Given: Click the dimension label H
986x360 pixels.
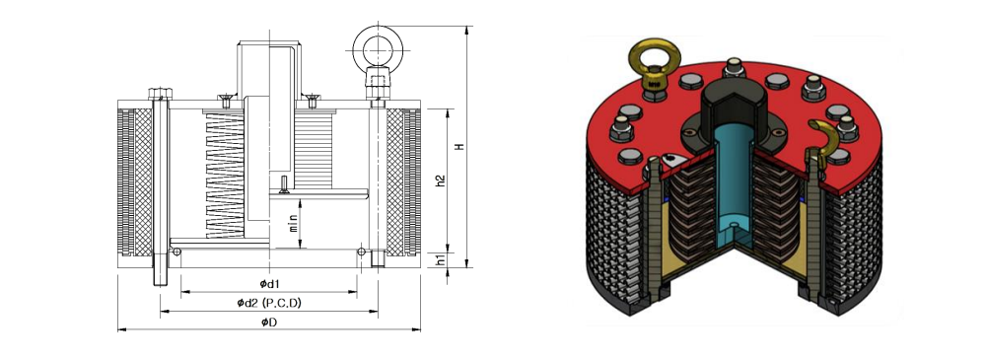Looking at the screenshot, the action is [x=460, y=147].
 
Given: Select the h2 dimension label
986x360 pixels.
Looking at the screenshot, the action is [x=441, y=180].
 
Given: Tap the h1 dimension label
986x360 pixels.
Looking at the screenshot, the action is [x=441, y=258].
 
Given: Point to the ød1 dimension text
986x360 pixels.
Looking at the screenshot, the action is [x=269, y=284].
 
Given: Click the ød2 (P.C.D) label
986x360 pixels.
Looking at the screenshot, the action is [x=269, y=303].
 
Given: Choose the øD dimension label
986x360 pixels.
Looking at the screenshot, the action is [x=269, y=323].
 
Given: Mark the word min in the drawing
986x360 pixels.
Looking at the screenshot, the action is [x=294, y=224].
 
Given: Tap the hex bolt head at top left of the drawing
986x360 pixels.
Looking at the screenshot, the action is [x=160, y=94].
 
